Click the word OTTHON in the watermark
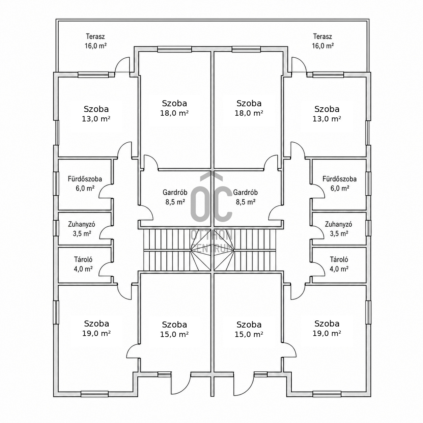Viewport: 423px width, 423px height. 211,235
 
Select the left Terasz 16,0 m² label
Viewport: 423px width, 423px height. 95,41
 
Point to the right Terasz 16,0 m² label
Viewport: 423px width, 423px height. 323,41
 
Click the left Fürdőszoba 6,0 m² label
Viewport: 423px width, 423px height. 85,184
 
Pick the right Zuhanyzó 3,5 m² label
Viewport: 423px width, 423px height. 339,229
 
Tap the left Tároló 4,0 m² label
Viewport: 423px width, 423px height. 83,264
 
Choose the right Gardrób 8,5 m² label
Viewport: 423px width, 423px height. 246,197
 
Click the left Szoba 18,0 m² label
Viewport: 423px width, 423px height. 174,108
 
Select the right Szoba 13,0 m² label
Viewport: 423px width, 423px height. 327,114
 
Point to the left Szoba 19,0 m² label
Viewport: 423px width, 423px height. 96,329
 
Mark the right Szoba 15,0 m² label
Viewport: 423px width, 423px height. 249,329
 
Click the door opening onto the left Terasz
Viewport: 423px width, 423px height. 122,64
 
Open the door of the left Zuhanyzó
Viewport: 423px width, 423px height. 106,232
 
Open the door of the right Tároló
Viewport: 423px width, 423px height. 318,269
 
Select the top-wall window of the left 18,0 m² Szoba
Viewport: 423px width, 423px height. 174,49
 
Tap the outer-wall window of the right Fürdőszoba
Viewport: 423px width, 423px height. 368,184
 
